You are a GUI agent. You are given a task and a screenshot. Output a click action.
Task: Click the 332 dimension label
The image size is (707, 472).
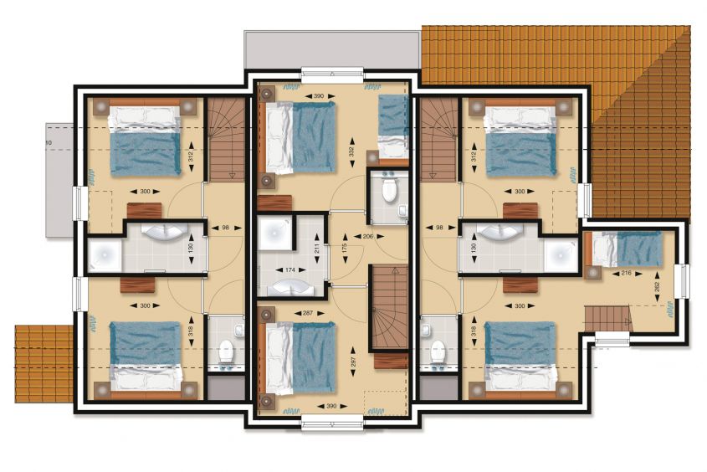pyautogui.click(x=351, y=152)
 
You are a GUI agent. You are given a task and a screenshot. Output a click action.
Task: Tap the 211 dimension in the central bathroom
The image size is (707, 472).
pyautogui.click(x=317, y=249)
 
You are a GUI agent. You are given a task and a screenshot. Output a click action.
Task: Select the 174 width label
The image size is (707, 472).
pyautogui.click(x=290, y=270)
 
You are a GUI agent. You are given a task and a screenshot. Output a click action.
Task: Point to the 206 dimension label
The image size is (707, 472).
pyautogui.click(x=368, y=236)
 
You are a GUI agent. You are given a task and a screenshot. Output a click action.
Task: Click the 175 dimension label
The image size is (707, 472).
pyautogui.click(x=345, y=249)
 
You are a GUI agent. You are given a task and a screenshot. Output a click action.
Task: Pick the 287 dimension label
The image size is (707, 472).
pyautogui.click(x=309, y=313)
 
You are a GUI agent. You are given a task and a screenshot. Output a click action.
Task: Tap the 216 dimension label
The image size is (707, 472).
pyautogui.click(x=626, y=273)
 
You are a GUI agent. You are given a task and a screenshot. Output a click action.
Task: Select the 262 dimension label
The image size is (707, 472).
pyautogui.click(x=657, y=287)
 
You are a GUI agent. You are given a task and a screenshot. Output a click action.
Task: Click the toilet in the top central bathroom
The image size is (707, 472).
pyautogui.click(x=389, y=189)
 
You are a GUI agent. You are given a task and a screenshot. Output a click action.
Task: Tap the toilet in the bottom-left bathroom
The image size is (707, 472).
pyautogui.click(x=226, y=352)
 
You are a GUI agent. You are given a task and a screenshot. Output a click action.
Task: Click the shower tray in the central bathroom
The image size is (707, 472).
pyautogui.click(x=274, y=232)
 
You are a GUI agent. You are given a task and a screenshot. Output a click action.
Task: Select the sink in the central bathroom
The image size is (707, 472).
pyautogui.click(x=289, y=287)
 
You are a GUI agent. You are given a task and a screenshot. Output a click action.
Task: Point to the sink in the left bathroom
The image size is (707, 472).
pyautogui.click(x=161, y=232)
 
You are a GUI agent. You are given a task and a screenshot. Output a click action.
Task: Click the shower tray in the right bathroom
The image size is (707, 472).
pyautogui.click(x=561, y=254)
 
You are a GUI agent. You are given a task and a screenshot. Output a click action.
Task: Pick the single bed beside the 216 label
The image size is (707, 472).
pyautogui.click(x=628, y=249)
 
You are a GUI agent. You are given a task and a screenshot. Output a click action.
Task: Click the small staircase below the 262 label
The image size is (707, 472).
pyautogui.click(x=608, y=318)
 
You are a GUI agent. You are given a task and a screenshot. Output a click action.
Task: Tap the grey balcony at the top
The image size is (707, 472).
pyautogui.click(x=332, y=49)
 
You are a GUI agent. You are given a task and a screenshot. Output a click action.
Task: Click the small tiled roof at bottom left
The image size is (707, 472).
pyautogui.click(x=44, y=363)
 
